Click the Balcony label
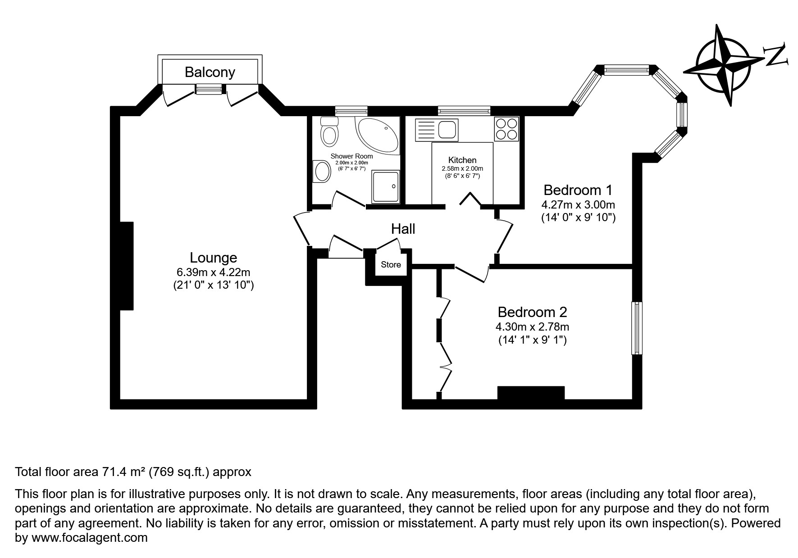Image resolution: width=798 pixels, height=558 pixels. [210, 72]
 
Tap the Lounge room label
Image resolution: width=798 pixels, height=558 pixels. [213, 258]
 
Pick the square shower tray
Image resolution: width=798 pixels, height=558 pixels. [385, 186]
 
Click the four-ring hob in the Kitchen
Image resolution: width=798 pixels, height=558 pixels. [506, 128]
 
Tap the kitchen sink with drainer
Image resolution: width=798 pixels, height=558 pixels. [437, 130]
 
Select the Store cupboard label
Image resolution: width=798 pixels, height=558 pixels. [391, 264]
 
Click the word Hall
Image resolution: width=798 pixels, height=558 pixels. [403, 229]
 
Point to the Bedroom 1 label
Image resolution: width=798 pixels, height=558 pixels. [578, 190]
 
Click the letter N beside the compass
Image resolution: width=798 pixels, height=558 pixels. [776, 55]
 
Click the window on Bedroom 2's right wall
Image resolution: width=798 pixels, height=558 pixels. [637, 328]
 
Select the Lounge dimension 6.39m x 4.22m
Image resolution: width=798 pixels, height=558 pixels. [214, 272]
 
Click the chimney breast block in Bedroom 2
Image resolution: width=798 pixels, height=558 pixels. [531, 393]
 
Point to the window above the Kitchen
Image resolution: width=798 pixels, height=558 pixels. [464, 110]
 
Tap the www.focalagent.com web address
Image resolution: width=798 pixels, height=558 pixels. [89, 538]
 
